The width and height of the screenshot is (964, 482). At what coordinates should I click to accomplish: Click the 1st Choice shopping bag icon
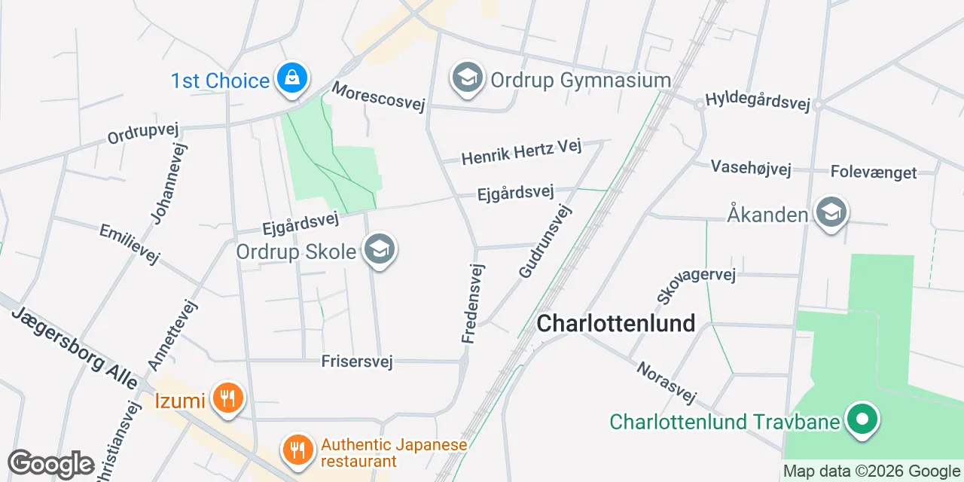coord(291,77)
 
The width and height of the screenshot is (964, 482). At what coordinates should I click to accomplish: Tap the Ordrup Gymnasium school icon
coord(468,78)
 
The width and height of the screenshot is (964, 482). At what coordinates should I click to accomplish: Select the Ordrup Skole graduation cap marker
coord(379,249)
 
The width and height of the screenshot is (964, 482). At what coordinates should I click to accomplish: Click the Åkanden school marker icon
coord(831,213)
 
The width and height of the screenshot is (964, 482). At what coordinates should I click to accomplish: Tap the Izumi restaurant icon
coord(226,397)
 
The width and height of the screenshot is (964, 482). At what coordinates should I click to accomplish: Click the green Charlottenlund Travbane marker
coord(862,419)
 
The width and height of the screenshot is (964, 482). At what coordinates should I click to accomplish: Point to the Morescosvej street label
coord(378,96)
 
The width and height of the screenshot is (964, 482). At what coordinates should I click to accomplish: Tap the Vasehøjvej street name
coord(751,167)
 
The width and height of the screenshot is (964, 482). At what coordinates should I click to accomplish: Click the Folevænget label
coord(874,172)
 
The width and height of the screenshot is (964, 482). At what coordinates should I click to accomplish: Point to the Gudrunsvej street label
coord(545,239)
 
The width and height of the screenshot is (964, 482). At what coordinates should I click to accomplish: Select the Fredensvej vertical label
coord(473,304)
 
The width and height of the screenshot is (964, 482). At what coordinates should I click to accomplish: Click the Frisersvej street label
coord(357,362)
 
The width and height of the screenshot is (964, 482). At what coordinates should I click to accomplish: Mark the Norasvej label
coord(667,383)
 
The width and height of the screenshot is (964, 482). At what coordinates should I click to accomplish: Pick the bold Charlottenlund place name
coord(615,323)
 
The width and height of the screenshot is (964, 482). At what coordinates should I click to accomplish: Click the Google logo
coord(50,464)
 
